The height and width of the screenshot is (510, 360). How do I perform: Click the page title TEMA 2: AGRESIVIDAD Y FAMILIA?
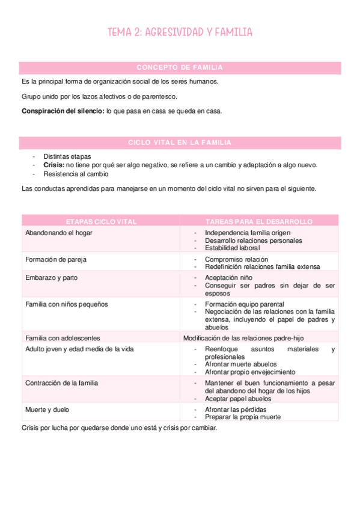pyautogui.click(x=180, y=32)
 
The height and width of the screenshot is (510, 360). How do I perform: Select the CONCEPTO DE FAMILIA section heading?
pyautogui.click(x=180, y=67)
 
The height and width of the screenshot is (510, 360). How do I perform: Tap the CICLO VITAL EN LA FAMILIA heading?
pyautogui.click(x=180, y=143)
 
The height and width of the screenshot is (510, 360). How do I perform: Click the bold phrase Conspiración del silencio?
pyautogui.click(x=63, y=111)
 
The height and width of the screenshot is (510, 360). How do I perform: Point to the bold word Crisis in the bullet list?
pyautogui.click(x=53, y=165)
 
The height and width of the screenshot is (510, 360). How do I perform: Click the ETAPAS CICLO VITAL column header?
pyautogui.click(x=100, y=221)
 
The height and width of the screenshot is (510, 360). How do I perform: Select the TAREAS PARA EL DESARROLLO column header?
pyautogui.click(x=259, y=221)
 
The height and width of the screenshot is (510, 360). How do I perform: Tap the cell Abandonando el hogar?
pyautogui.click(x=59, y=233)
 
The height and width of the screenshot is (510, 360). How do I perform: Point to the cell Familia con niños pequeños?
pyautogui.click(x=67, y=304)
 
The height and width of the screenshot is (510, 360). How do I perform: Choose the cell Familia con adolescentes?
pyautogui.click(x=63, y=338)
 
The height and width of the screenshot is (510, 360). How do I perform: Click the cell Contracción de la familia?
pyautogui.click(x=61, y=382)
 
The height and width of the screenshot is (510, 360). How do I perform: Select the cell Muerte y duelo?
pyautogui.click(x=47, y=409)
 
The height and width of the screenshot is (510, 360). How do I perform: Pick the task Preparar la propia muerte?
pyautogui.click(x=242, y=417)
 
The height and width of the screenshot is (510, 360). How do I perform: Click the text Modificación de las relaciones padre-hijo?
pyautogui.click(x=243, y=338)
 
